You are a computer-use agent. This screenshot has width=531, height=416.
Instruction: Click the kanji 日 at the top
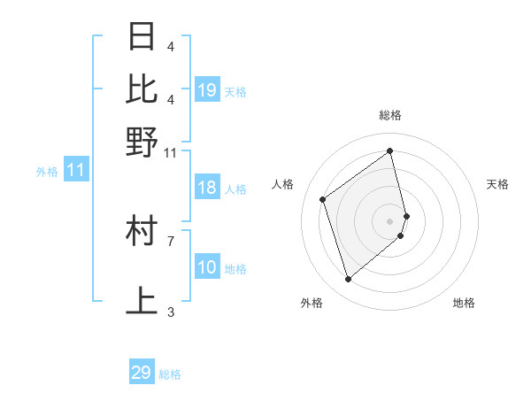pyautogui.click(x=142, y=37)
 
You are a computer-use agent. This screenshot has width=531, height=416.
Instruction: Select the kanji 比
pyautogui.click(x=142, y=89)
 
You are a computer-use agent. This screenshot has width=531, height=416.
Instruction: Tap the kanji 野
pyautogui.click(x=142, y=142)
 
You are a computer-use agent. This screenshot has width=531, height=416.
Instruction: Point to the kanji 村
pyautogui.click(x=142, y=231)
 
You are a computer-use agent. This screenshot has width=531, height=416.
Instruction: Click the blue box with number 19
pyautogui.click(x=207, y=89)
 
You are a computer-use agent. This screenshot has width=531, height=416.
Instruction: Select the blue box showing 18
pyautogui.click(x=207, y=188)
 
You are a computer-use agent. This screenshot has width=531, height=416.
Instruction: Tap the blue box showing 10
pyautogui.click(x=207, y=267)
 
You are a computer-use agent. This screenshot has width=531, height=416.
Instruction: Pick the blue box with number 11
pyautogui.click(x=76, y=171)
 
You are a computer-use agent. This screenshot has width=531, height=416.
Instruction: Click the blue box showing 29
pyautogui.click(x=142, y=373)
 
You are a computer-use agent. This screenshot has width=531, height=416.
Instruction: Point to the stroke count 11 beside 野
pyautogui.click(x=171, y=152)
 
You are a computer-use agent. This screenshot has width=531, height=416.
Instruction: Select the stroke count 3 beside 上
pyautogui.click(x=171, y=312)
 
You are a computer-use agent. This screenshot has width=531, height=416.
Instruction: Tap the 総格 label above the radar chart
pyautogui.click(x=390, y=114)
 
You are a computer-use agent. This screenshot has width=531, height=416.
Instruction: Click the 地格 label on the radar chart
pyautogui.click(x=464, y=303)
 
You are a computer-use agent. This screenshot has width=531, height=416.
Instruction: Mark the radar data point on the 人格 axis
pyautogui.click(x=323, y=199)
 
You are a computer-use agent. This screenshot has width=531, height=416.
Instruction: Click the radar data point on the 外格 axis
pyautogui.click(x=348, y=280)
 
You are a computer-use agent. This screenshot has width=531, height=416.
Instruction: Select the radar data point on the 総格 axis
pyautogui.click(x=390, y=150)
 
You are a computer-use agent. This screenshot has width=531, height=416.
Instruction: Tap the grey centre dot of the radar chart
pyautogui.click(x=390, y=220)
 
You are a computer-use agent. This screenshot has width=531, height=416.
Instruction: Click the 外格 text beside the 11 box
pyautogui.click(x=47, y=172)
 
